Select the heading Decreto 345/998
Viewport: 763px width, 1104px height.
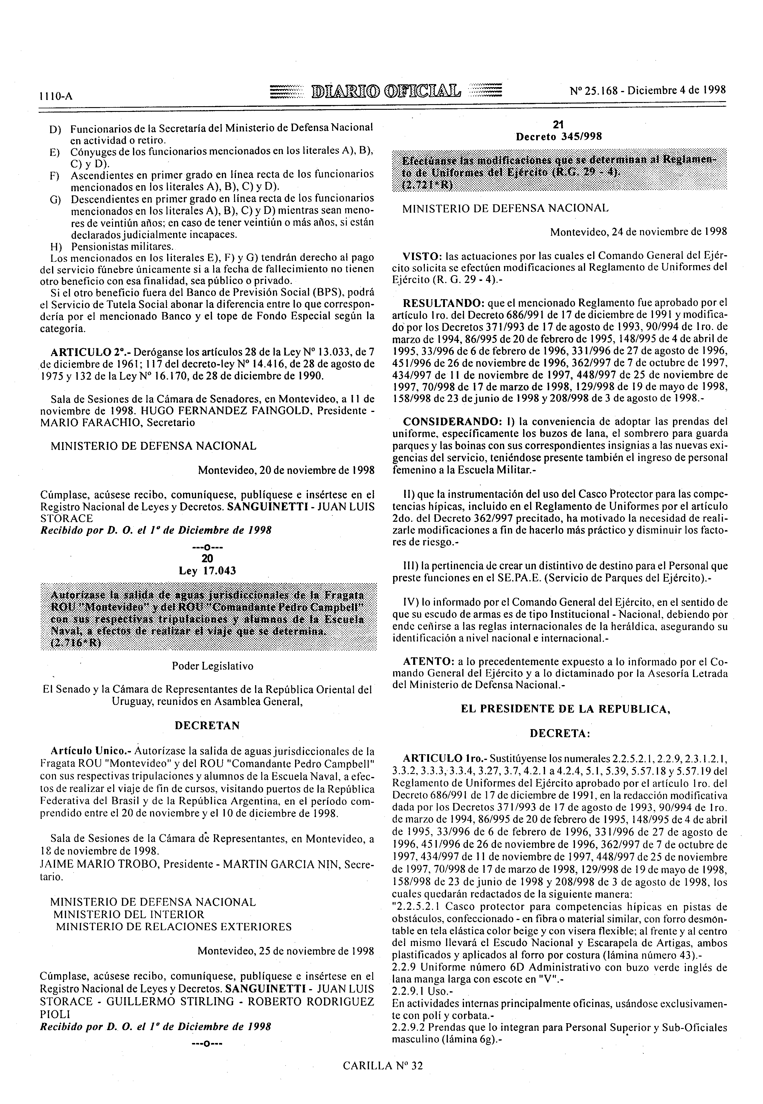(x=558, y=137)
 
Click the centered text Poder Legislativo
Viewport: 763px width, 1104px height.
(x=207, y=666)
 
